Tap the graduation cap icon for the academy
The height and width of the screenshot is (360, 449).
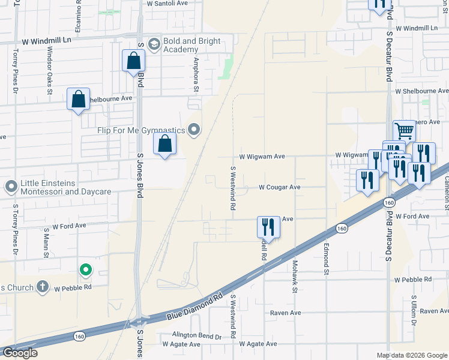(154, 44)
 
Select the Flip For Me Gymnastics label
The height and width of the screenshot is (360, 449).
(142, 130)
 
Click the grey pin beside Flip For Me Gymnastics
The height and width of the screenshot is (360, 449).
(194, 130)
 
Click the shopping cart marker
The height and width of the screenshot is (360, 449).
(405, 130)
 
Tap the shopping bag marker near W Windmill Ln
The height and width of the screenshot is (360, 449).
(133, 61)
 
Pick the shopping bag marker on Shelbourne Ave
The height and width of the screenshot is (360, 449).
(79, 100)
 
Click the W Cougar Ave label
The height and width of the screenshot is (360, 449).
(279, 187)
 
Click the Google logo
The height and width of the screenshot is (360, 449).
(20, 353)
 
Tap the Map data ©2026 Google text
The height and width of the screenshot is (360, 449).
(411, 355)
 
